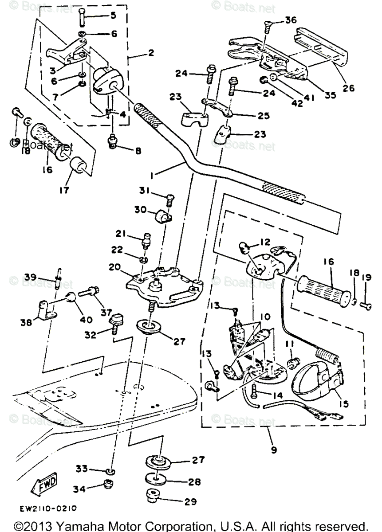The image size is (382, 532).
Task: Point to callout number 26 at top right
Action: pos(349,88)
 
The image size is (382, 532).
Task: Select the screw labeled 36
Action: pos(267,27)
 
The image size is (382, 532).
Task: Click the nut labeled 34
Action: pos(107,485)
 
